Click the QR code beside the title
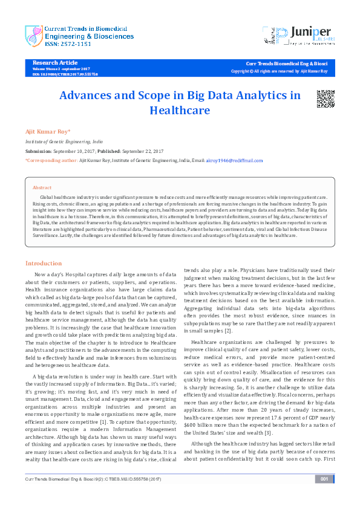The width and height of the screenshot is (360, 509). pos(326,99)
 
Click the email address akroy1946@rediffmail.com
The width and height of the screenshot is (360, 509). pos(235,161)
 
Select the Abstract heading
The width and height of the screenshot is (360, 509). pos(42,188)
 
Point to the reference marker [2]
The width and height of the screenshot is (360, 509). pos(227,331)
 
